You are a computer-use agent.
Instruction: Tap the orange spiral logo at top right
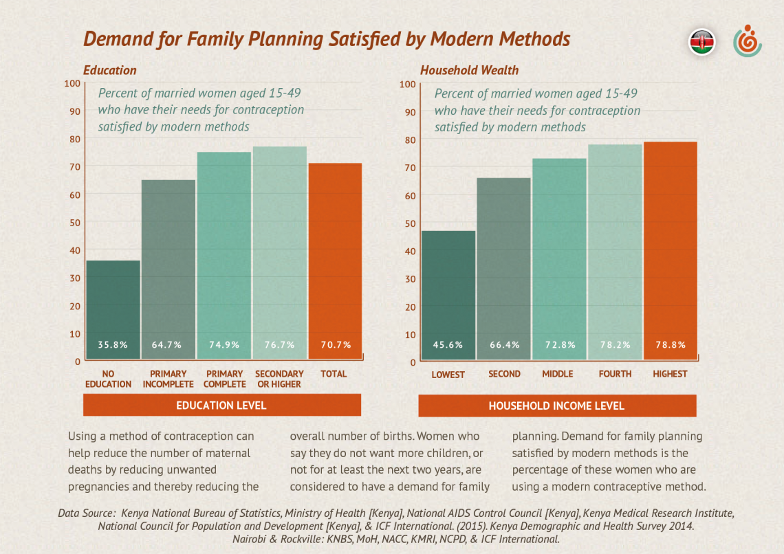(747, 42)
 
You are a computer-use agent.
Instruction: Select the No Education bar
(113, 309)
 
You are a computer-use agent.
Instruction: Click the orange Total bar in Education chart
(335, 261)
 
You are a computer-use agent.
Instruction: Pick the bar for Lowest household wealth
(448, 295)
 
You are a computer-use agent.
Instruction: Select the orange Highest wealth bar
(670, 250)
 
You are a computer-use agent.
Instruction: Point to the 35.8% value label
(113, 345)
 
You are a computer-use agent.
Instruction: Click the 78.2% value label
(615, 345)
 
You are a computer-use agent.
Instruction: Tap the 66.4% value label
(504, 345)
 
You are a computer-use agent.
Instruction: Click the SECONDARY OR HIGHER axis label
(279, 379)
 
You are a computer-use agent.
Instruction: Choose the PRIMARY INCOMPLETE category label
(168, 379)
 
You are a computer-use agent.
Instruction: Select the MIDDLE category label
(558, 374)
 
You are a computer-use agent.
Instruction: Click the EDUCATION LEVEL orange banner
(221, 406)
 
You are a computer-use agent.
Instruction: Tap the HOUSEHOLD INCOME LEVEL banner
(556, 406)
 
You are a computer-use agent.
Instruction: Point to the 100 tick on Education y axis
(72, 84)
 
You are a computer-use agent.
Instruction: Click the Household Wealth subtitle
(469, 70)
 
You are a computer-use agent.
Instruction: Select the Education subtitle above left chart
(110, 70)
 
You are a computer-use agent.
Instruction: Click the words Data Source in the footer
(87, 513)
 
